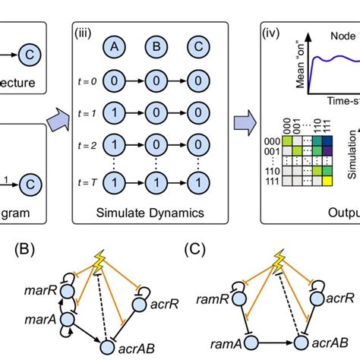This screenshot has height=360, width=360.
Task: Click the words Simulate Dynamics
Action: pyautogui.click(x=144, y=212)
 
